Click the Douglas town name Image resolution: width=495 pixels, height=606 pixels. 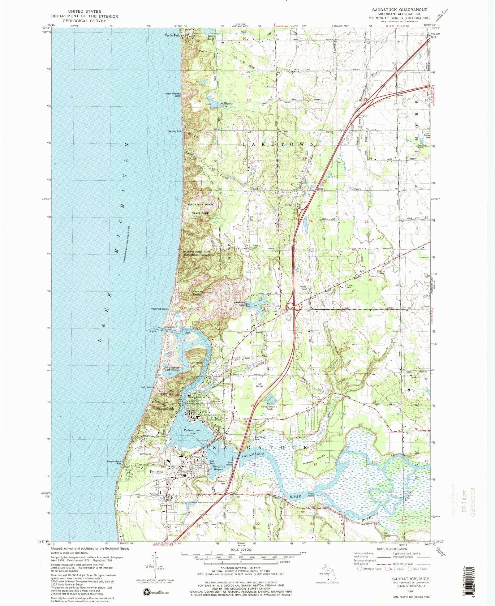pyautogui.click(x=156, y=472)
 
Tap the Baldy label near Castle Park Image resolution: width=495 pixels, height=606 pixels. pyautogui.click(x=203, y=51)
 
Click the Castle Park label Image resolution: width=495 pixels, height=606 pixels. pyautogui.click(x=172, y=36)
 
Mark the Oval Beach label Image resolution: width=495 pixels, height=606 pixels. pyautogui.click(x=146, y=387)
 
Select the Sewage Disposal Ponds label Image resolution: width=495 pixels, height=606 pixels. pyautogui.click(x=269, y=408)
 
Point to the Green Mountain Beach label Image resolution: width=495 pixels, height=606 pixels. pyautogui.click(x=173, y=95)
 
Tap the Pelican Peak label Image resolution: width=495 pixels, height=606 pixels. pyautogui.click(x=198, y=292)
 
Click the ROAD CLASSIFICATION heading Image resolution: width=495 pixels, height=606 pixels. pyautogui.click(x=392, y=549)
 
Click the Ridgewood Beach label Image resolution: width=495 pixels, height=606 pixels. pyautogui.click(x=159, y=309)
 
